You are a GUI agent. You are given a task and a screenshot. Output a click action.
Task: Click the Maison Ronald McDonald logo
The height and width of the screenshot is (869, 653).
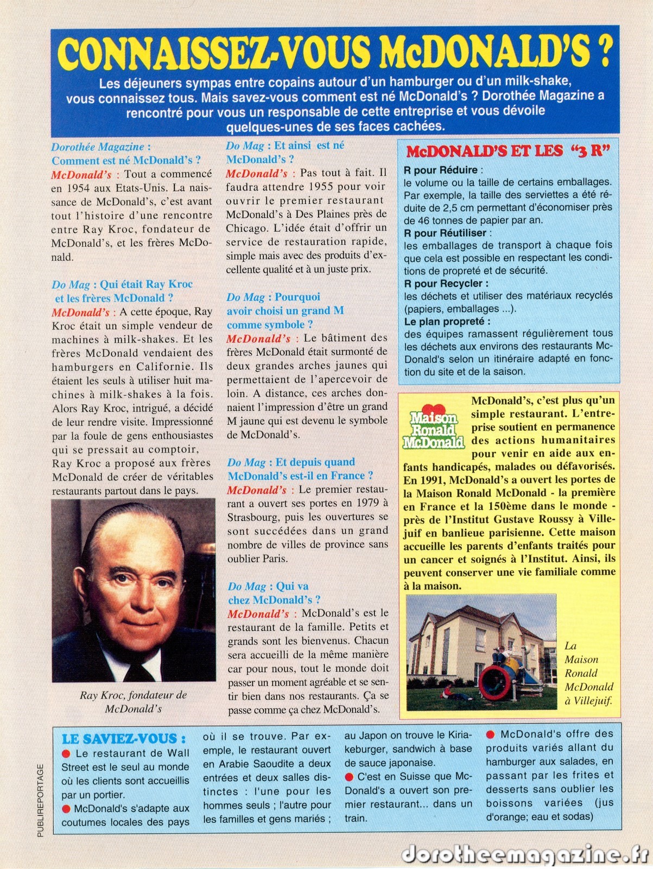433,429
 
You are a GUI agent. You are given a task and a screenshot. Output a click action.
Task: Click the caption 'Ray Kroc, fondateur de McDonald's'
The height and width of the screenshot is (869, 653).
133,701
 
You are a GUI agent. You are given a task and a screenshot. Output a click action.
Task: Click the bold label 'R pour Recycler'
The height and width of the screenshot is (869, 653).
446,283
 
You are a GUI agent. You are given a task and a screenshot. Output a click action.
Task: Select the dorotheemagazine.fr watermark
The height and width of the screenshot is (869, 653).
525,854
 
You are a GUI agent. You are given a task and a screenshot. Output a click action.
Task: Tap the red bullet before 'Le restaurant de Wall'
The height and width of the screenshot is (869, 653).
67,753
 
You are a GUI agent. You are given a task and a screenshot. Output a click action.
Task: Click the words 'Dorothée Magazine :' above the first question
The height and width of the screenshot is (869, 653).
101,147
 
